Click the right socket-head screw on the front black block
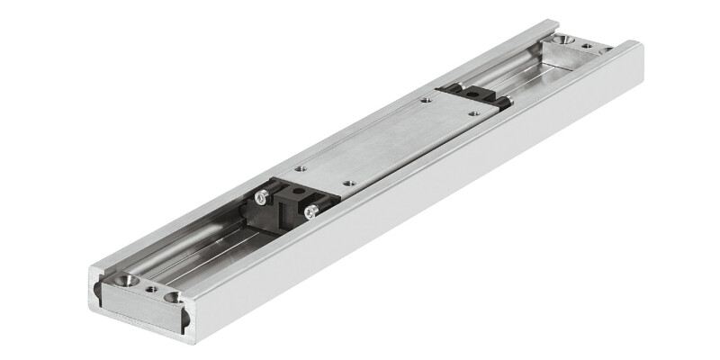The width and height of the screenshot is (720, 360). pyautogui.click(x=310, y=211)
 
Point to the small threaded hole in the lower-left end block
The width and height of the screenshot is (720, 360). pyautogui.click(x=151, y=290)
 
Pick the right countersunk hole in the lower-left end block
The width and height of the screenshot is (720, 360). pyautogui.click(x=172, y=297)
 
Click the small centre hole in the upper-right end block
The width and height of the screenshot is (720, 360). pyautogui.click(x=586, y=45)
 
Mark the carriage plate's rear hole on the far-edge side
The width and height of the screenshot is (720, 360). pyautogui.click(x=424, y=101)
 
